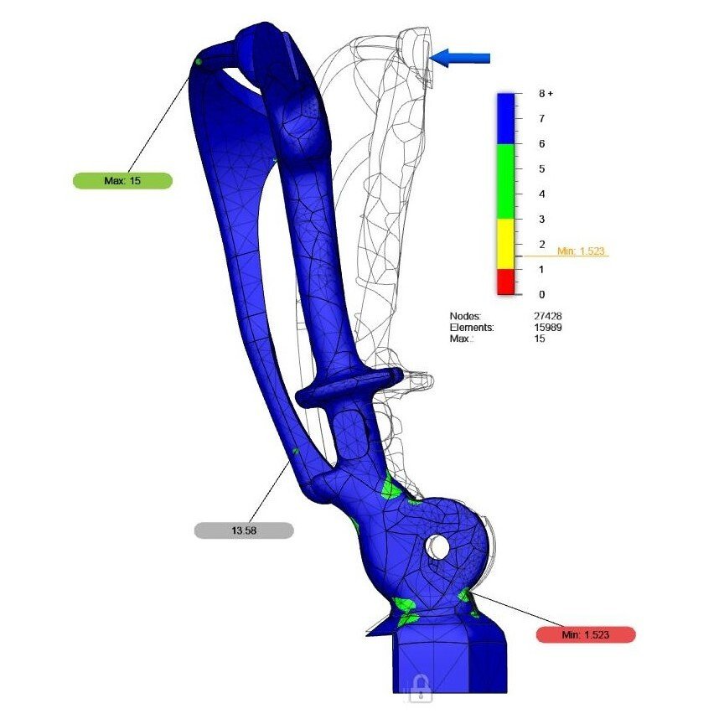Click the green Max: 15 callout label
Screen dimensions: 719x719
coord(122,181)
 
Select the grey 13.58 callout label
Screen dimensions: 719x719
coord(244,530)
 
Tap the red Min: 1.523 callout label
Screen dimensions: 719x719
coord(586,634)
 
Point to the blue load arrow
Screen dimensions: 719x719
coord(460,58)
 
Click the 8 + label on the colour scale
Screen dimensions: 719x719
coord(546,94)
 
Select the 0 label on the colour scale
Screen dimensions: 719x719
coord(541,294)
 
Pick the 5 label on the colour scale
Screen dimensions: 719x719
coord(541,168)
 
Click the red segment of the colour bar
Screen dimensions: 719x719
coord(506,282)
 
